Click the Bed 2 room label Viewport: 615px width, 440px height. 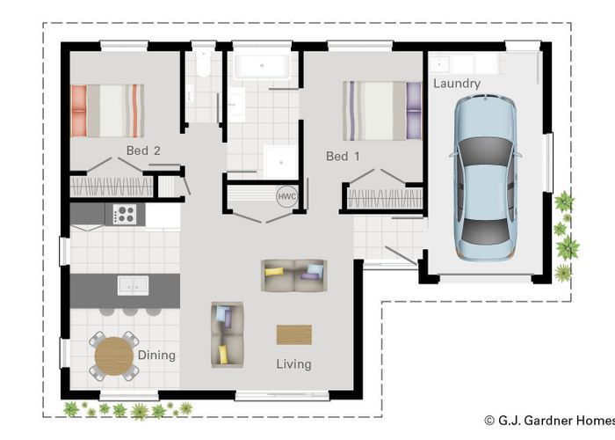pos(143,150)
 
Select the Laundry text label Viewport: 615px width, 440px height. pos(457,84)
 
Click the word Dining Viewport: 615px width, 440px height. pos(156,356)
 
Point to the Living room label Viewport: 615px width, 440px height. pos(293,363)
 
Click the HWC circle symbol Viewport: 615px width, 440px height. pos(286,197)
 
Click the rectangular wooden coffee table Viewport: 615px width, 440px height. pos(293,334)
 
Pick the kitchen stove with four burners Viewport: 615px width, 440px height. pos(124,214)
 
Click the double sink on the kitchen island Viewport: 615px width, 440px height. pos(134,285)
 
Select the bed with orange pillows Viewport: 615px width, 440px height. pos(106,110)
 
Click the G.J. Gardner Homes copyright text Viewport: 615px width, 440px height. pos(548,422)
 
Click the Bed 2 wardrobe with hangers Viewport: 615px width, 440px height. pos(111,187)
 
